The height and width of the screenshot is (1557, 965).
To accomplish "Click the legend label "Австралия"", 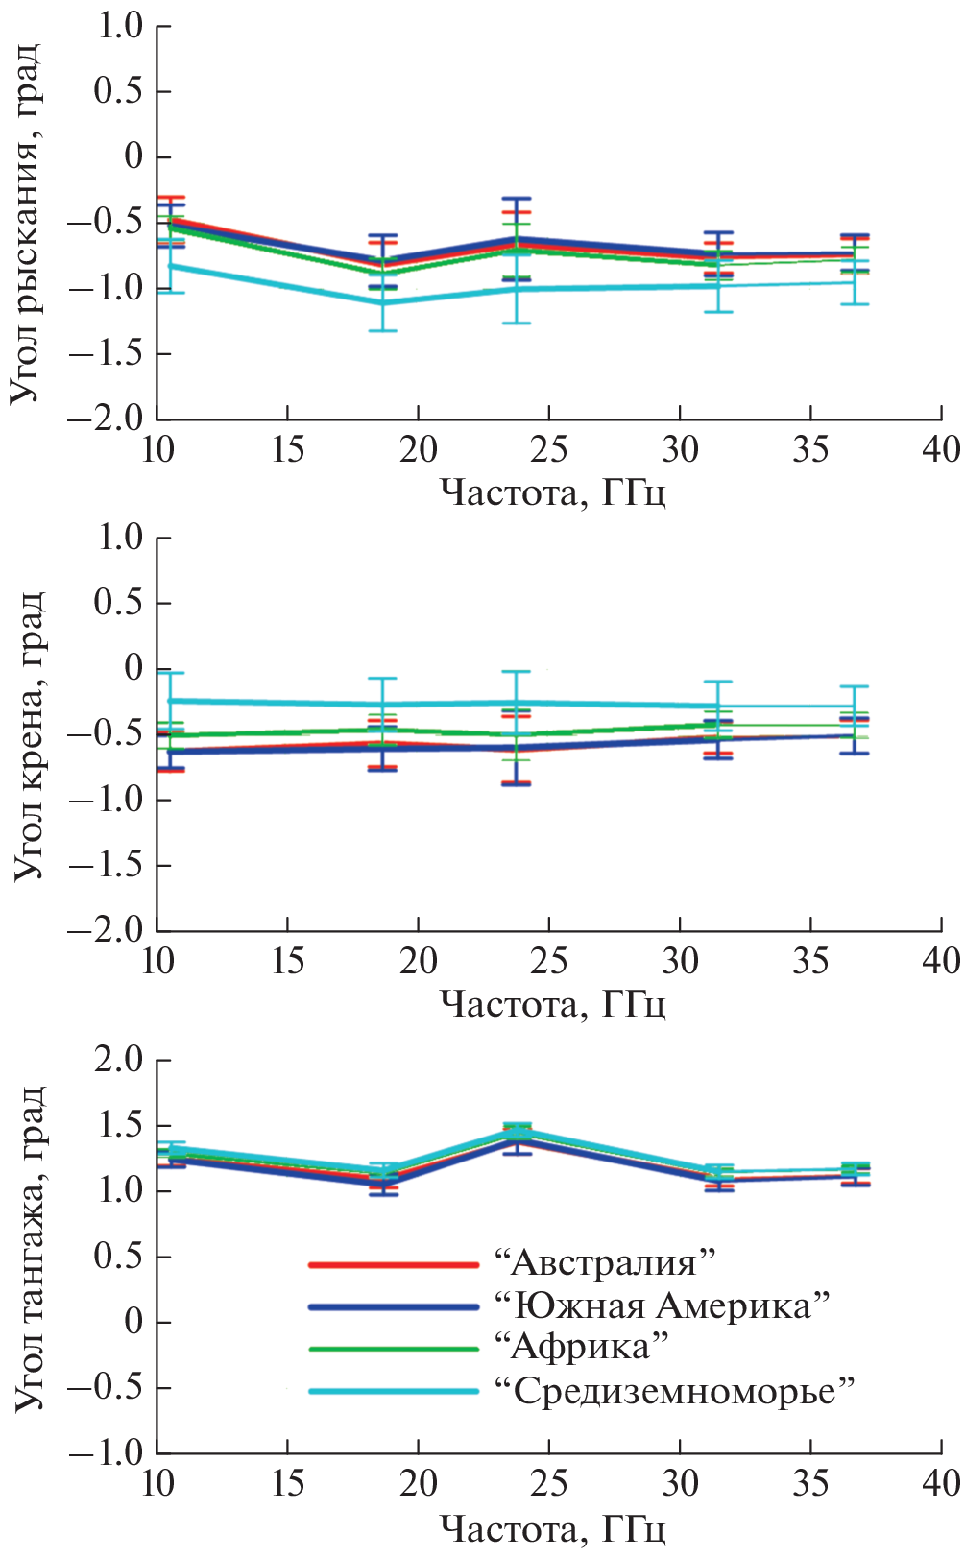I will pyautogui.click(x=605, y=1262).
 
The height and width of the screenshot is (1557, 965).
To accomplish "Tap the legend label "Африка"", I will pyautogui.click(x=580, y=1347).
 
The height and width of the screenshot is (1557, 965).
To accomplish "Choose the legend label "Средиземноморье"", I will pyautogui.click(x=673, y=1390).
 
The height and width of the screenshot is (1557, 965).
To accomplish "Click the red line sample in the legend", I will pyautogui.click(x=394, y=1265).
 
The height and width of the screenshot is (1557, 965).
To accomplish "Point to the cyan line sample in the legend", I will pyautogui.click(x=394, y=1391).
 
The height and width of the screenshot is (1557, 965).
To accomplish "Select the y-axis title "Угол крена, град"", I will pyautogui.click(x=28, y=734).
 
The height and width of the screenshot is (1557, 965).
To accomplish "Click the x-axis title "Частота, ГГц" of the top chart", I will pyautogui.click(x=553, y=492).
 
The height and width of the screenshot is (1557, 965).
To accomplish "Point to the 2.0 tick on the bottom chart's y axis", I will pyautogui.click(x=117, y=1061).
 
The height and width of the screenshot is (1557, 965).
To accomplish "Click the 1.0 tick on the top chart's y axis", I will pyautogui.click(x=119, y=27).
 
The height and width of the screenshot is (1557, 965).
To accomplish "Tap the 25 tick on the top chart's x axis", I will pyautogui.click(x=548, y=449).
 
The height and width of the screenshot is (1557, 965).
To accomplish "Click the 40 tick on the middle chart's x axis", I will pyautogui.click(x=940, y=961).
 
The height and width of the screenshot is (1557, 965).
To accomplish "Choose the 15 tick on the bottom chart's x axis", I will pyautogui.click(x=288, y=1484).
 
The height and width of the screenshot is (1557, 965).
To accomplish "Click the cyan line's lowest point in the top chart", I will pyautogui.click(x=383, y=303).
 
